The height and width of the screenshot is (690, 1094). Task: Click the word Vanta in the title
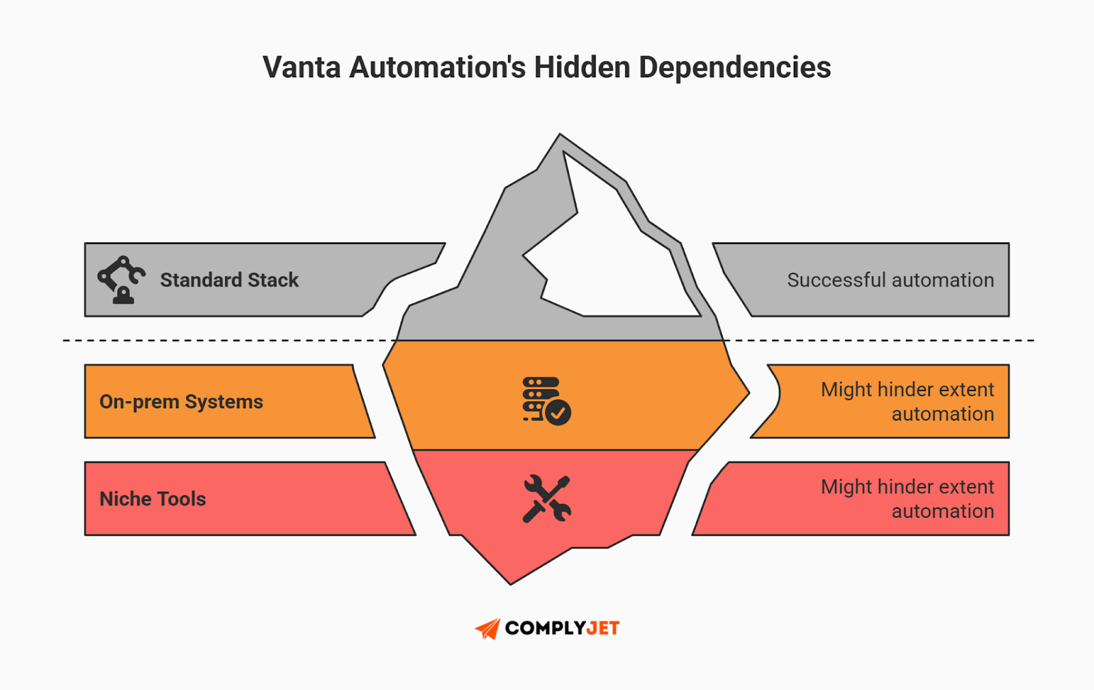click(302, 68)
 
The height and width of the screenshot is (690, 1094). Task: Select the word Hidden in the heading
click(582, 68)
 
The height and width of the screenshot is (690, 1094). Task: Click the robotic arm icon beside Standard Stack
click(121, 279)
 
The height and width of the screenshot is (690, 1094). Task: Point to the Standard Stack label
click(229, 280)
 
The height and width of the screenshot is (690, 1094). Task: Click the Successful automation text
click(890, 280)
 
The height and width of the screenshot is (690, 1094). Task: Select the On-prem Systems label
click(181, 401)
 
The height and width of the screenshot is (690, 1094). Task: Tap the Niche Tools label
click(152, 499)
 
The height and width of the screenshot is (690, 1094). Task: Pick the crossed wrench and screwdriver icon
click(546, 499)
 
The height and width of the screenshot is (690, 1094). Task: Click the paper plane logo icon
click(488, 628)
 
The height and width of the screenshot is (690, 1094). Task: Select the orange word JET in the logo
click(602, 628)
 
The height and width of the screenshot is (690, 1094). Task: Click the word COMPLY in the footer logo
click(545, 628)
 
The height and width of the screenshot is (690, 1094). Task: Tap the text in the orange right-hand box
click(907, 401)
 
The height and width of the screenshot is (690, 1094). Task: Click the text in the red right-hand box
click(907, 499)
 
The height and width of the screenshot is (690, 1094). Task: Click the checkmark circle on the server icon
click(558, 412)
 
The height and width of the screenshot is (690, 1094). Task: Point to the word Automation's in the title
click(438, 68)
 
